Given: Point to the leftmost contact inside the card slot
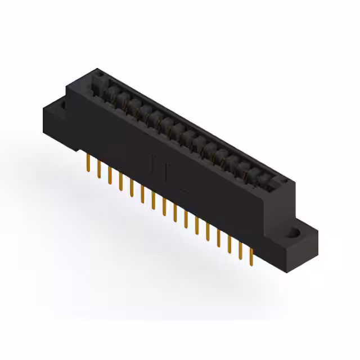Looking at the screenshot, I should click(110, 90).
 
